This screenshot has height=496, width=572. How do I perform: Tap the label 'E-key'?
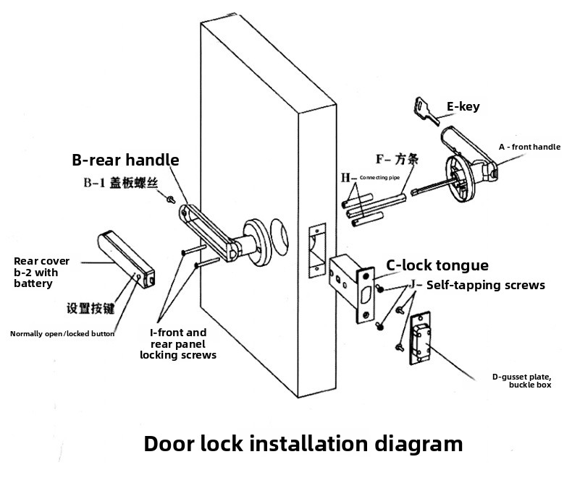pyautogui.click(x=463, y=107)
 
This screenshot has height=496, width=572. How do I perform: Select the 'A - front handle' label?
pyautogui.click(x=529, y=147)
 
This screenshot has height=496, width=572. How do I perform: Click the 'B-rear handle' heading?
pyautogui.click(x=125, y=160)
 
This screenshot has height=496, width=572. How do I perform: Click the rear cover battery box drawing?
pyautogui.click(x=124, y=256)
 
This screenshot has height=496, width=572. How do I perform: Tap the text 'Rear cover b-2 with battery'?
pyautogui.click(x=42, y=273)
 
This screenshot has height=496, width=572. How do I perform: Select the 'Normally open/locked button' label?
pyautogui.click(x=62, y=333)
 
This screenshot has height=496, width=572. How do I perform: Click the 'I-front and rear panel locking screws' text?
pyautogui.click(x=178, y=343)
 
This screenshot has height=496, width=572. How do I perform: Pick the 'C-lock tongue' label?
pyautogui.click(x=437, y=265)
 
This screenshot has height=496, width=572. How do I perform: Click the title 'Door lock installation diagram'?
pyautogui.click(x=303, y=442)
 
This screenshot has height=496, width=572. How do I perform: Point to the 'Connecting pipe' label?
pyautogui.click(x=379, y=177)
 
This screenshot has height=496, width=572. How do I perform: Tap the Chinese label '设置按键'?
pyautogui.click(x=91, y=308)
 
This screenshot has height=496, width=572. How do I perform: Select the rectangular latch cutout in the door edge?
pyautogui.click(x=316, y=251)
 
